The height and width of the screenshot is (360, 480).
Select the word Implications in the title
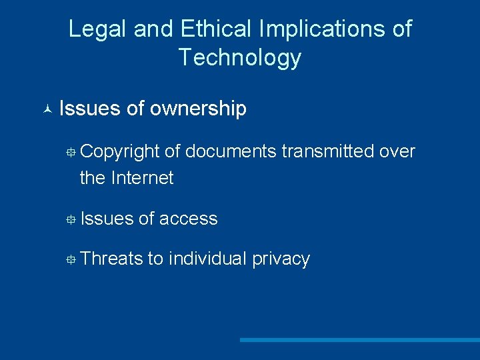[317, 29]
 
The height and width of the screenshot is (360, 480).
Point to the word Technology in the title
[240, 58]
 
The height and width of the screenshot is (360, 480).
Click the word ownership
[198, 108]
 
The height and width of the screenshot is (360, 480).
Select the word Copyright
[119, 152]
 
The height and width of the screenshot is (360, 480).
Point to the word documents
[231, 152]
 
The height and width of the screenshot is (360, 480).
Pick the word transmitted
[327, 152]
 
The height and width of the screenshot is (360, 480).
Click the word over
[397, 152]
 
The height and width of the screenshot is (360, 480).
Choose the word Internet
[143, 178]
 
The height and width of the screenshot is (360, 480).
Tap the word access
[188, 219]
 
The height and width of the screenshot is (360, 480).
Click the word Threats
[111, 259]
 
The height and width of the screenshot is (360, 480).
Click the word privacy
[281, 259]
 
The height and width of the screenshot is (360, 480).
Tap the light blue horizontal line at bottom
[360, 340]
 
